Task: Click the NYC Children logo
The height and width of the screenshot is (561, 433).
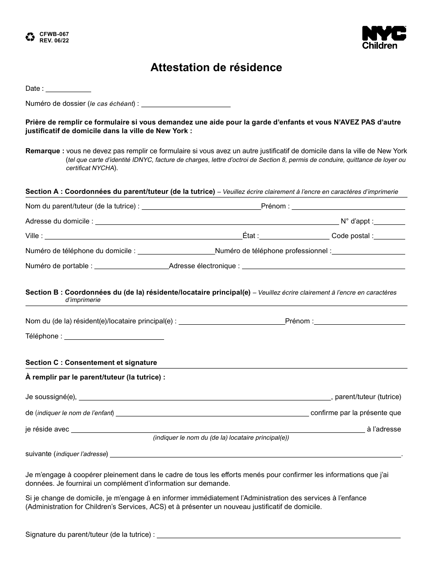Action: coord(384,37)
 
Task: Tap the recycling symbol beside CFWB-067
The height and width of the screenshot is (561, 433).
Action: coord(30,37)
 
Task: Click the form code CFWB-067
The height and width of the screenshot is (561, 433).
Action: coord(54,34)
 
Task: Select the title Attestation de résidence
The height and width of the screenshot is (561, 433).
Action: coord(216,68)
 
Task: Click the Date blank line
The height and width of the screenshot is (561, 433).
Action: coord(68,90)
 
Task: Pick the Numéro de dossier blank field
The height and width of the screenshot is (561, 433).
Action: coord(186,105)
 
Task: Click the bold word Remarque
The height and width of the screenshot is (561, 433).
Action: coord(45,151)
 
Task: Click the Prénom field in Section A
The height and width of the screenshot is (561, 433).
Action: coord(348,208)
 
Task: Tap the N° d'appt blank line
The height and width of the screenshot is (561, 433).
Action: coord(390,223)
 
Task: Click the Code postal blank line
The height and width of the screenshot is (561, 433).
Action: coord(390,237)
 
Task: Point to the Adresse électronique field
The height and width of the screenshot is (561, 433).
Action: coord(323,267)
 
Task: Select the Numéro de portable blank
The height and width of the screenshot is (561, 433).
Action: coord(131,267)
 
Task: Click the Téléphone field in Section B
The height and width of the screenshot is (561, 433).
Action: coord(114,338)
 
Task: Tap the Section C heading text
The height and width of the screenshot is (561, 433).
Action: coord(91,363)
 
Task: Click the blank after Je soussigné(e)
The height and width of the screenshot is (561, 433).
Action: coord(205,398)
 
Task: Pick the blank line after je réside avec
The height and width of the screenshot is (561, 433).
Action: coord(218,431)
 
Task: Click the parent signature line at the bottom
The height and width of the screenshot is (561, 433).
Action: coord(278,536)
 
